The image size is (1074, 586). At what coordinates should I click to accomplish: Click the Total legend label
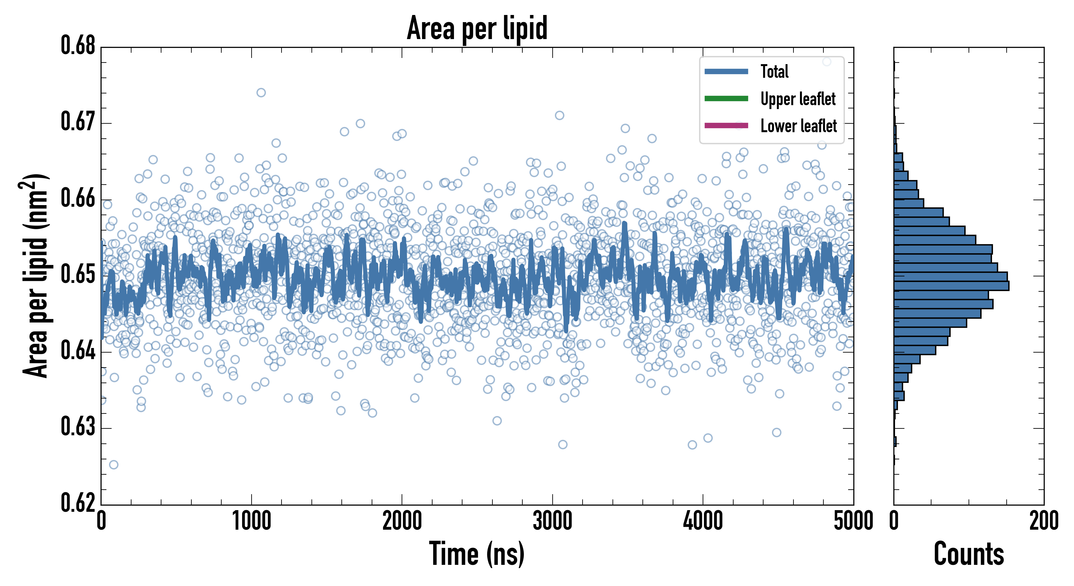(774, 71)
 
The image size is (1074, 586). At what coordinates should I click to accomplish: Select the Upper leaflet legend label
(798, 99)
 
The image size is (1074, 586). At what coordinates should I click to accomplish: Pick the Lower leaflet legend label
(798, 126)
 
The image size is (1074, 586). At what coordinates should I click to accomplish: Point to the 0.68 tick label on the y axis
(78, 46)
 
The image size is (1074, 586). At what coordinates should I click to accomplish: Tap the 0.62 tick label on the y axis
(78, 503)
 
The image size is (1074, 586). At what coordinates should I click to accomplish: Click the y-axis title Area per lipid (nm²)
(36, 276)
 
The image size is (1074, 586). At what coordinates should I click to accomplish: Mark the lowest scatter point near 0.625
(113, 465)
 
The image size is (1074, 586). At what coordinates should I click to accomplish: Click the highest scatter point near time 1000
(261, 92)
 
